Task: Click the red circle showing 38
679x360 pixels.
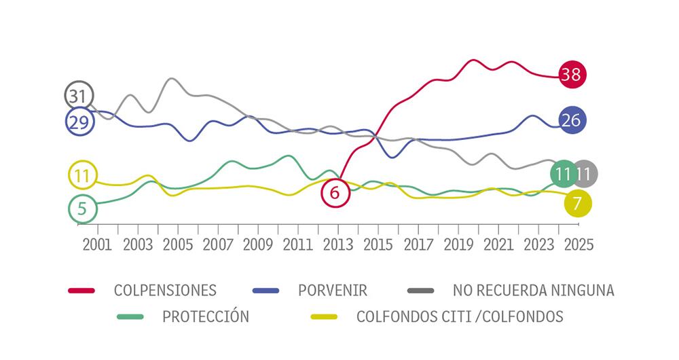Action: pyautogui.click(x=571, y=75)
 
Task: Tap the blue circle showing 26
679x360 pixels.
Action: pyautogui.click(x=571, y=120)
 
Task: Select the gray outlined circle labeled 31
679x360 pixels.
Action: pyautogui.click(x=79, y=96)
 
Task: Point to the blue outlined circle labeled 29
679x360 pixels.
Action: pyautogui.click(x=79, y=122)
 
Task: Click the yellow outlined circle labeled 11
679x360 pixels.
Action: pyautogui.click(x=82, y=177)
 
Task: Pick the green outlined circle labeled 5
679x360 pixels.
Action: pyautogui.click(x=82, y=209)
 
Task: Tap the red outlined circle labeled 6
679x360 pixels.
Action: pyautogui.click(x=334, y=193)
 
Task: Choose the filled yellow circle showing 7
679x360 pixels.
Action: pyautogui.click(x=578, y=202)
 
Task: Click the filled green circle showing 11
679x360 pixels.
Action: pyautogui.click(x=563, y=174)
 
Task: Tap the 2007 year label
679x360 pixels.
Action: pyautogui.click(x=217, y=245)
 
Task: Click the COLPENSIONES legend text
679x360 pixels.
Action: pyautogui.click(x=166, y=291)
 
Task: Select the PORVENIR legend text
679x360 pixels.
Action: pyautogui.click(x=333, y=291)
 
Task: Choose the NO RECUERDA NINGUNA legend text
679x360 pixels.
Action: pyautogui.click(x=533, y=291)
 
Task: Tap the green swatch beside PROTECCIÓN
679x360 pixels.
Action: pyautogui.click(x=132, y=316)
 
